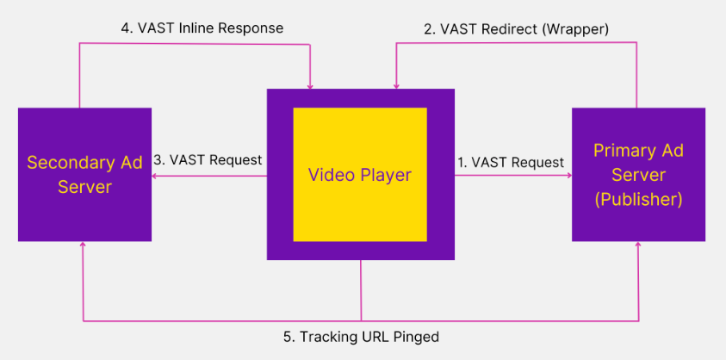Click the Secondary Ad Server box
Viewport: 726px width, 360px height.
[x=84, y=174]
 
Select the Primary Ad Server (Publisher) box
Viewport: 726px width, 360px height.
[x=638, y=175]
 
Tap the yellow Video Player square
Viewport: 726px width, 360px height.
[x=360, y=175]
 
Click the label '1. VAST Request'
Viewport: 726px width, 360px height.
[x=511, y=162]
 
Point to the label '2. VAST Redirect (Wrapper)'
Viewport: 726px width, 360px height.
[x=517, y=28]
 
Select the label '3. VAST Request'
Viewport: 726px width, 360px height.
[x=208, y=159]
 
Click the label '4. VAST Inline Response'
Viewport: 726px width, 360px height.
[x=202, y=28]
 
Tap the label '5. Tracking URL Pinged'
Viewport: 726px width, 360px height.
[x=361, y=337]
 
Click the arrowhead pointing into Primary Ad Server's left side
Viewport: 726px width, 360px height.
[x=569, y=175]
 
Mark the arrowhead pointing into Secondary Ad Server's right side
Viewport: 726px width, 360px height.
[x=156, y=175]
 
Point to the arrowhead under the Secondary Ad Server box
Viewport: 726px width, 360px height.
[x=84, y=245]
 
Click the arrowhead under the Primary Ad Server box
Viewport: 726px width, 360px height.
[x=638, y=245]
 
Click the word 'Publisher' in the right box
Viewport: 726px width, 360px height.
[x=638, y=199]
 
